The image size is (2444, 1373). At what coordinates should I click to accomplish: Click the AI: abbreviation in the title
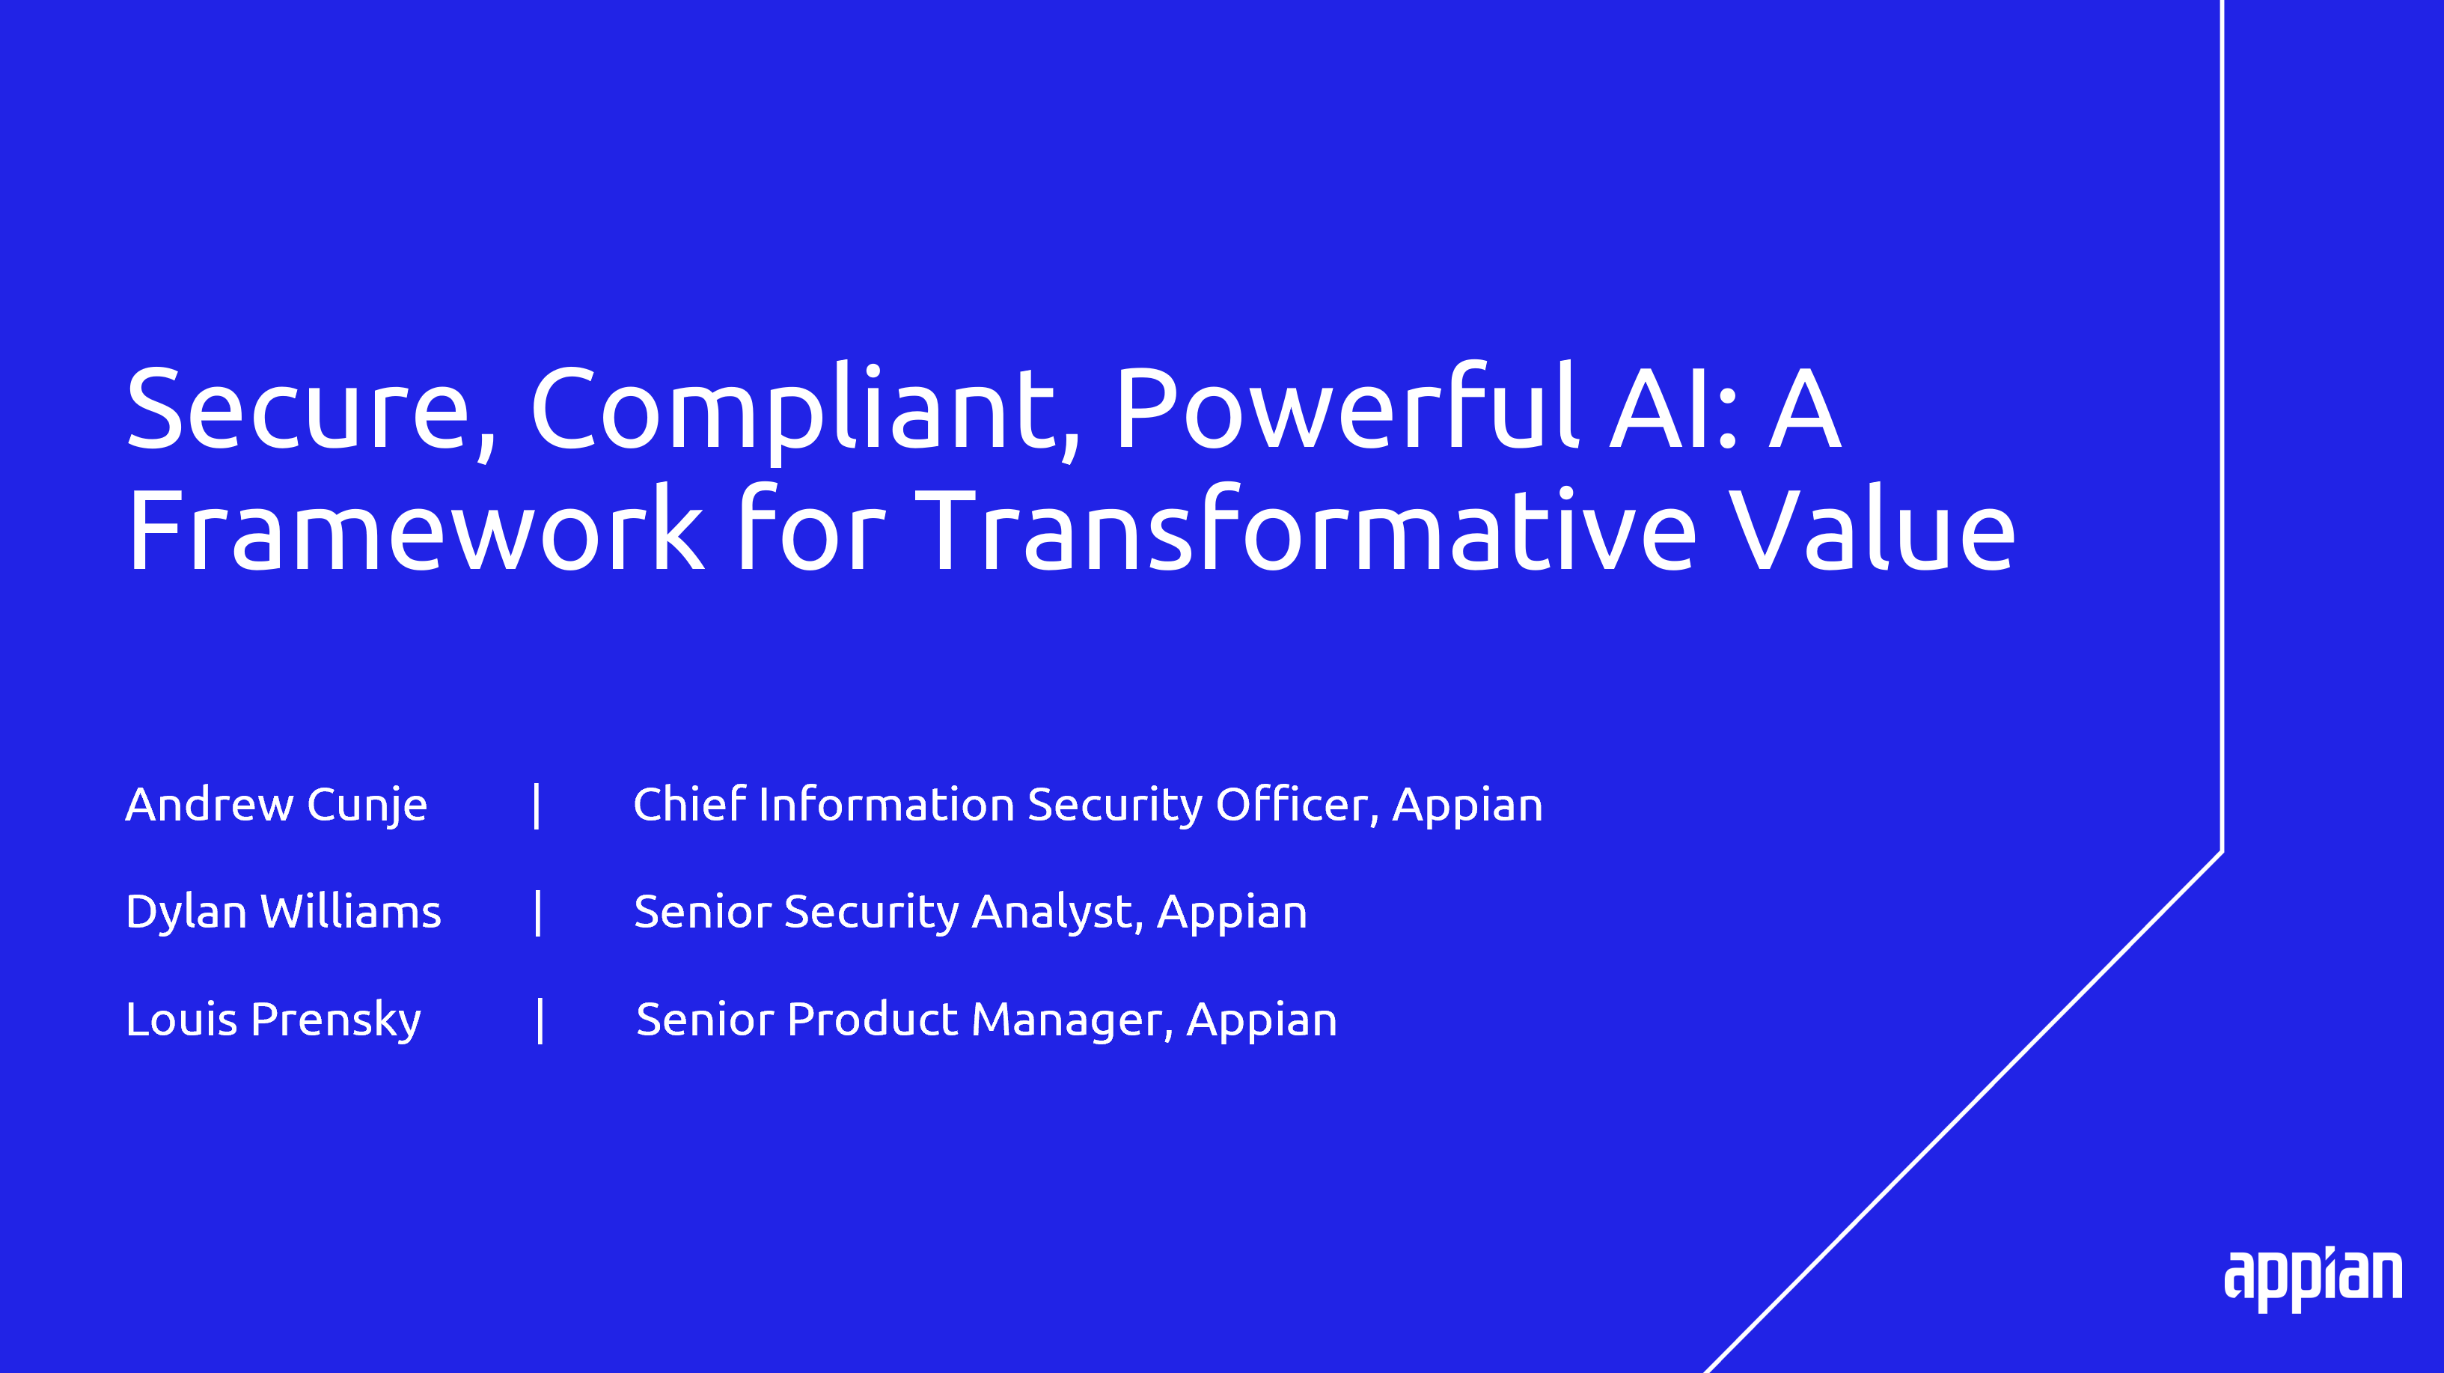(x=1675, y=409)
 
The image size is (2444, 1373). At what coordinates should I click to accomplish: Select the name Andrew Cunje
(x=276, y=806)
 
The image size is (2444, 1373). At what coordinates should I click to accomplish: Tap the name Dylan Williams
(x=284, y=911)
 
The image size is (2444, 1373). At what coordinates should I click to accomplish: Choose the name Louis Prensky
(x=273, y=1021)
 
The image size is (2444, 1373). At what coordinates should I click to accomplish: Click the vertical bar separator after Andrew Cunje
(x=537, y=806)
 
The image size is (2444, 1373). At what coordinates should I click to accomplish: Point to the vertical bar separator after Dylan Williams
(x=538, y=913)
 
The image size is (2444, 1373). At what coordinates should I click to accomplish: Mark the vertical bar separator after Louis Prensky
(x=540, y=1021)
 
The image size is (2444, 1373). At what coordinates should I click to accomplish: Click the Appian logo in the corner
(x=2313, y=1280)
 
